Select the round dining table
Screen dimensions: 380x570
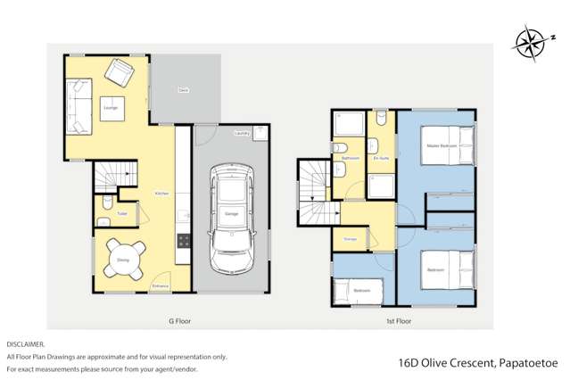tap(122, 260)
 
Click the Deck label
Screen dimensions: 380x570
tap(183, 90)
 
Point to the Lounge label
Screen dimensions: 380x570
tap(111, 107)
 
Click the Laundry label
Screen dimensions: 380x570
tap(242, 133)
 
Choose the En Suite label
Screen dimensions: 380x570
tap(381, 158)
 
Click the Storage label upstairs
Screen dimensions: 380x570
tap(351, 238)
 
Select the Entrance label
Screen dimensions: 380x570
tap(161, 285)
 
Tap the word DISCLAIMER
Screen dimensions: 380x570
tap(26, 343)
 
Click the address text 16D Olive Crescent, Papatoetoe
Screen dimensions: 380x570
tap(478, 363)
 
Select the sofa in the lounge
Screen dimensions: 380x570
tap(77, 106)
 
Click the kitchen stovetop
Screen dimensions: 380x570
tap(184, 240)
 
